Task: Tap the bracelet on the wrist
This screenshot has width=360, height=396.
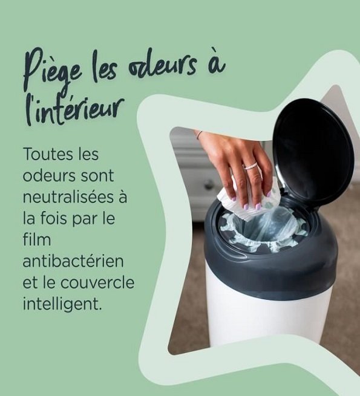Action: click(x=198, y=134)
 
